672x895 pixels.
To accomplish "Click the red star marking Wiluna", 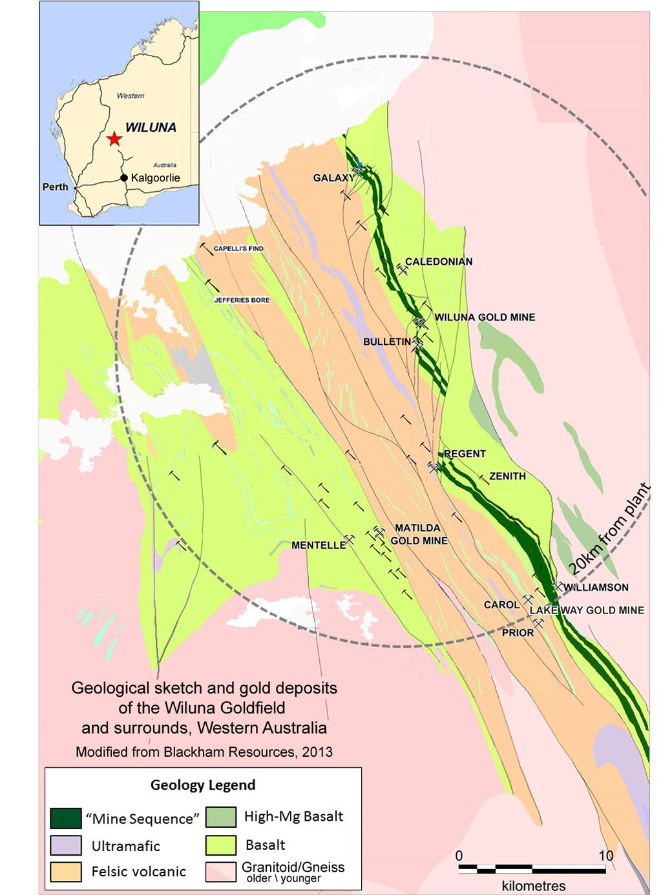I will (114, 139).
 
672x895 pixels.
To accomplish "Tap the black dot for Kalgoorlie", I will (124, 178).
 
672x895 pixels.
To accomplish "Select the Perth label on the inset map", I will (55, 187).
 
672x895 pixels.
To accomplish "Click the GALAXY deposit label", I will (333, 178).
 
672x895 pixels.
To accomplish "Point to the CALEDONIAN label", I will (439, 262).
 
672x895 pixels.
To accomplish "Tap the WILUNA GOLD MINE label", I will (485, 317).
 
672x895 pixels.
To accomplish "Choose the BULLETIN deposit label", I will (386, 342).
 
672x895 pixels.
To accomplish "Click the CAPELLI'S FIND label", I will (238, 249).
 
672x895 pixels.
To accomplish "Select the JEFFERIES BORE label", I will (242, 300).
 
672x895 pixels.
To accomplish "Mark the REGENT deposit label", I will (465, 454).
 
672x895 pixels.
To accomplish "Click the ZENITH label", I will (507, 476).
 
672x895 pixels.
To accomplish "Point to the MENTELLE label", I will (319, 545).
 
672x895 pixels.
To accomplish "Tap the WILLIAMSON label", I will (596, 587).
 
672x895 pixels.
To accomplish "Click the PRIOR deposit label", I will (518, 633).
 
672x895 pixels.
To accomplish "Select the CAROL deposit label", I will (501, 604).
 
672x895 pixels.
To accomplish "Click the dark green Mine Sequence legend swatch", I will (66, 818).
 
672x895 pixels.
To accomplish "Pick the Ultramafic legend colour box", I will (66, 845).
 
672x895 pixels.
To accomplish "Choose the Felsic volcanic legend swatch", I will (66, 871).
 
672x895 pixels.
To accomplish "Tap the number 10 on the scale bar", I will (605, 856).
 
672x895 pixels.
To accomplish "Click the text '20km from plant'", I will (609, 528).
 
